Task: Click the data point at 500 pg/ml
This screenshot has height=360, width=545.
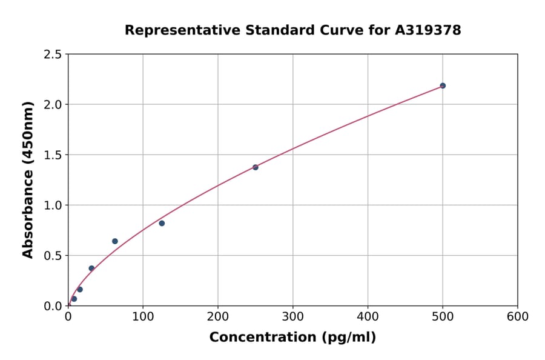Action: [443, 85]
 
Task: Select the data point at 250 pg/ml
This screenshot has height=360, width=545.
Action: [256, 167]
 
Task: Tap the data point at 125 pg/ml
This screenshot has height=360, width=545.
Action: [162, 223]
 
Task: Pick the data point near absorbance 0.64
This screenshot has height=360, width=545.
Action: [115, 241]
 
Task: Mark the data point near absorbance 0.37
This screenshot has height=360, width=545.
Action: [91, 268]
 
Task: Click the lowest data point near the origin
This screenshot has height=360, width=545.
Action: [74, 299]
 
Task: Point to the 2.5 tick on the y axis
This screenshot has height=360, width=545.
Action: [53, 55]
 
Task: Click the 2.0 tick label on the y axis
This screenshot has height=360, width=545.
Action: [53, 105]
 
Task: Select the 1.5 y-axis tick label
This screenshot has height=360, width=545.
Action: [53, 155]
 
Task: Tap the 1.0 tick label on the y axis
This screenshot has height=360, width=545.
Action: [53, 205]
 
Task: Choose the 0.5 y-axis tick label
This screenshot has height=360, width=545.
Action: [53, 256]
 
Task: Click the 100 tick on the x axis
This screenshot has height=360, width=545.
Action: [143, 316]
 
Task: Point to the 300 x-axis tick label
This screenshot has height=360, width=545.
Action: [292, 316]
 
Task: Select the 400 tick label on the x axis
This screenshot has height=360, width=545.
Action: [368, 316]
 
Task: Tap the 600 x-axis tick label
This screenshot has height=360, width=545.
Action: [517, 316]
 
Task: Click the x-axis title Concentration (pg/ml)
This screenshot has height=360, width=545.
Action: [292, 338]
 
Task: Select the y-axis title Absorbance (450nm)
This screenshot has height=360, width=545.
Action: [28, 179]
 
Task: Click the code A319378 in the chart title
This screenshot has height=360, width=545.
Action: [428, 30]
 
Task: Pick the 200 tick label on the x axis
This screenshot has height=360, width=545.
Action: [218, 316]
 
